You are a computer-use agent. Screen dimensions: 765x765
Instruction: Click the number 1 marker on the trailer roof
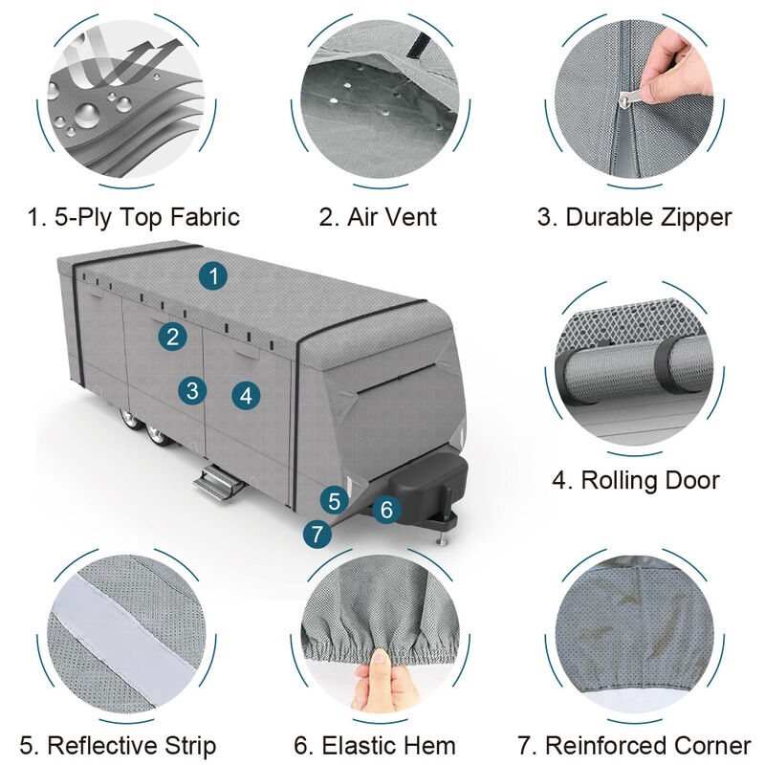pyautogui.click(x=213, y=276)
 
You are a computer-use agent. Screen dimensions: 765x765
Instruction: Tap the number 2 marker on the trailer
pyautogui.click(x=172, y=336)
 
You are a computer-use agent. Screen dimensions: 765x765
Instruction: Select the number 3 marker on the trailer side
pyautogui.click(x=192, y=389)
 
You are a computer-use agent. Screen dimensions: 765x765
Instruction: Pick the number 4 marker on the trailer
pyautogui.click(x=246, y=395)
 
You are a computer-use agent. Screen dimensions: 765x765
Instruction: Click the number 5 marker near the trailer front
pyautogui.click(x=333, y=499)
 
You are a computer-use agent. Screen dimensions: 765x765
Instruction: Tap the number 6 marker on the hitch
pyautogui.click(x=385, y=510)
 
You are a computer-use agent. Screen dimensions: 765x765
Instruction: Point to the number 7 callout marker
pyautogui.click(x=317, y=535)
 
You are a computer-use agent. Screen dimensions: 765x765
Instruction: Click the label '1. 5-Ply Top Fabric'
pyautogui.click(x=133, y=217)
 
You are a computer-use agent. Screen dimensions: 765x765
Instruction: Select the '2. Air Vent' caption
pyautogui.click(x=378, y=217)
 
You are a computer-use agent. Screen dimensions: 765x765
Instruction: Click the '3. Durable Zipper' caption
pyautogui.click(x=634, y=217)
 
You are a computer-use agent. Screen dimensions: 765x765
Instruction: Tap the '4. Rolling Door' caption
pyautogui.click(x=636, y=480)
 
